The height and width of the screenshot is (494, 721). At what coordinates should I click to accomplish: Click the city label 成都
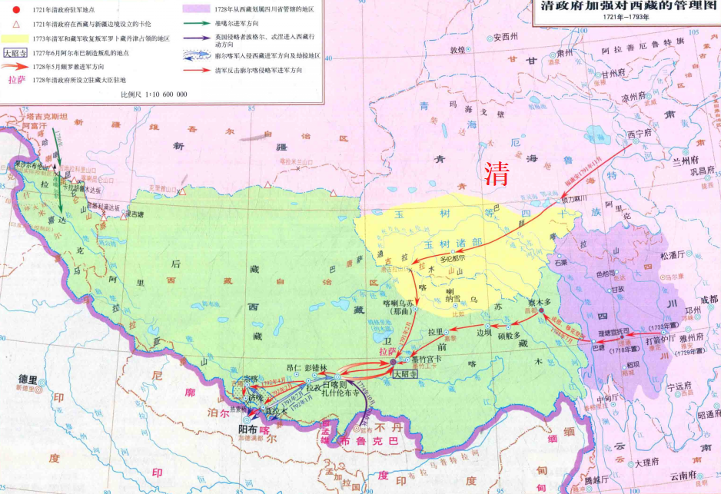click(x=706, y=299)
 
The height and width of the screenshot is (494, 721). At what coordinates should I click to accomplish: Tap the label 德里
click(x=28, y=380)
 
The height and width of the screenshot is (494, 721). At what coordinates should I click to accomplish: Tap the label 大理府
click(x=647, y=464)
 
